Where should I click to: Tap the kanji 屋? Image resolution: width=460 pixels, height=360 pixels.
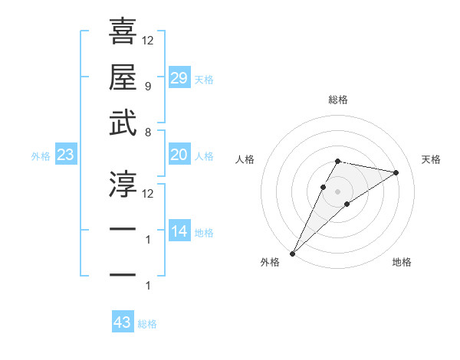[x=123, y=77]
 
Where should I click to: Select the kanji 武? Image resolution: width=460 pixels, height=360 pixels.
[x=123, y=123]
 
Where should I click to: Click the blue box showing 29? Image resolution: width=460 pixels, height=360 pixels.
[x=179, y=78]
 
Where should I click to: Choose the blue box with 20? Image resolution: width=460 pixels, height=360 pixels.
[x=179, y=155]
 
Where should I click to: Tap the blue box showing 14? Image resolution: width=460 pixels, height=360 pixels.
[x=179, y=231]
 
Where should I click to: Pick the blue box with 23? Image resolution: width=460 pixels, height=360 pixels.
[x=65, y=155]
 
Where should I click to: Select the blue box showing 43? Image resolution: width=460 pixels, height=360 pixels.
[x=123, y=322]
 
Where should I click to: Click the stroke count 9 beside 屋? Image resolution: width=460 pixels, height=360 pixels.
[x=147, y=87]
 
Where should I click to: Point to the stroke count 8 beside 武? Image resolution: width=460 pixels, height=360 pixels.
[x=147, y=132]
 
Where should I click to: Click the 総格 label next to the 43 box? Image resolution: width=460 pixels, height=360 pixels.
[x=148, y=324]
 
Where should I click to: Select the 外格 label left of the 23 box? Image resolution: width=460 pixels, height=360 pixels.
[x=41, y=156]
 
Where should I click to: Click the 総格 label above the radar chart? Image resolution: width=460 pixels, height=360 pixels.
[x=337, y=100]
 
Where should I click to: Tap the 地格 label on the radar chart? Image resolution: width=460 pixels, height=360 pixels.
[x=402, y=262]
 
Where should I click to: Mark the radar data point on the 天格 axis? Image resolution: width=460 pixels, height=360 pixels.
[x=396, y=172]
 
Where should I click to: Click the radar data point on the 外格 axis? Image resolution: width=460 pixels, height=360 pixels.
[x=293, y=253]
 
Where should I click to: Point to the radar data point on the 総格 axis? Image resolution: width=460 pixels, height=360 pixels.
[x=337, y=161]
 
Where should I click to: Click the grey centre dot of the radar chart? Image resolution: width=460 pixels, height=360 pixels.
[x=337, y=191]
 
